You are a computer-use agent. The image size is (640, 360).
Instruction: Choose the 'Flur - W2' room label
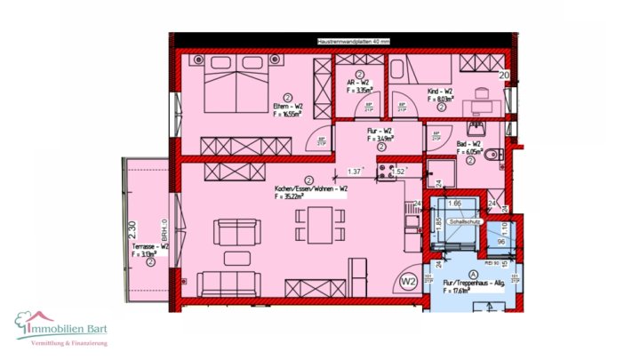(x=380, y=133)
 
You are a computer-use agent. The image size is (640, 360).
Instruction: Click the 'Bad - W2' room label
(x=468, y=146)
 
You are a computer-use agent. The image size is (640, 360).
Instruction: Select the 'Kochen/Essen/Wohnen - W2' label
(x=311, y=189)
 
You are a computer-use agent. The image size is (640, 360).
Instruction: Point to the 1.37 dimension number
(x=355, y=171)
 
